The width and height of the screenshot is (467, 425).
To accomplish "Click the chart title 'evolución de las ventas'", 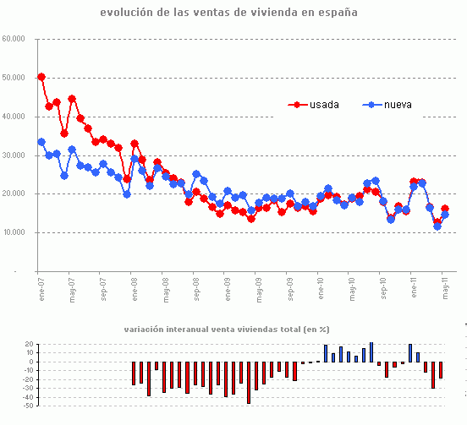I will point(228,13).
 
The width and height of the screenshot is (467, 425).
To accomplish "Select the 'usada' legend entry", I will point(322,105).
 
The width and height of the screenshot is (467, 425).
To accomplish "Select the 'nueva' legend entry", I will point(398,105).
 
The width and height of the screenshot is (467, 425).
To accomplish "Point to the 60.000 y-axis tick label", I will point(14,39).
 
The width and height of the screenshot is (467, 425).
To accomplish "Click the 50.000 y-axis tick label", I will point(14,78).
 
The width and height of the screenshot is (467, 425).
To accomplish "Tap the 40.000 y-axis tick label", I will point(14,117).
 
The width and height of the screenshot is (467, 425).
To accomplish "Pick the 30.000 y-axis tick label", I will point(14,155).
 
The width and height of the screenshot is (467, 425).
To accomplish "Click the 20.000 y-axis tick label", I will point(14,194).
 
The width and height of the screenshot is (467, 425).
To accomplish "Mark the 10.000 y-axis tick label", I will point(14,233).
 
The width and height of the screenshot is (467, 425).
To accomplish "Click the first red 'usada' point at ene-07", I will point(41,77).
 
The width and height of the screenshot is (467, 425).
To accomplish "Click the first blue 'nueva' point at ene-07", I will point(41,142).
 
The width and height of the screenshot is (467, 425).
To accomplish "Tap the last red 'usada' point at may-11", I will point(445,209).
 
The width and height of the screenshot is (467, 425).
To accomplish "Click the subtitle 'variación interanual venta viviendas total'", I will point(226,329).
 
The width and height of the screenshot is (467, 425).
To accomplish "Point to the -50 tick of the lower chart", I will point(29,406).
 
